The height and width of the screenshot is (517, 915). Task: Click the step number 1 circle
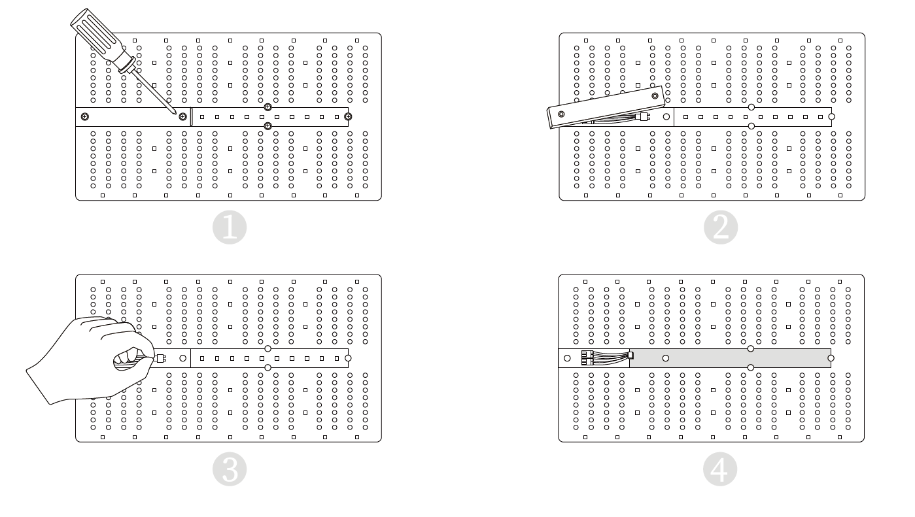point(229,227)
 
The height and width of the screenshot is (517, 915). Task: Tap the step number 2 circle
point(721,227)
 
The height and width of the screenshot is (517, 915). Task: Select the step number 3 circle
point(229,469)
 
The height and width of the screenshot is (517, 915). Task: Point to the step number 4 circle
point(720,469)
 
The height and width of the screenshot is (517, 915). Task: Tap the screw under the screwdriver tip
point(183,117)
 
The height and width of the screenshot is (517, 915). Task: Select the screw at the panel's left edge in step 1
point(85,117)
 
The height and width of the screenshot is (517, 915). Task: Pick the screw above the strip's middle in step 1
point(268,107)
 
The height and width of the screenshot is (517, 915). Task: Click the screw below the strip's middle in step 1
point(268,126)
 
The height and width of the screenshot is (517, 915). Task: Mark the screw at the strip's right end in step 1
point(348,117)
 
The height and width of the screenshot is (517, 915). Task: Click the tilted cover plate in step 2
point(606,107)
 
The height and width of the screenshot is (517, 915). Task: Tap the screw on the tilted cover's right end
point(655,96)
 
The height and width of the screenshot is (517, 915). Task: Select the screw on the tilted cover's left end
point(561,114)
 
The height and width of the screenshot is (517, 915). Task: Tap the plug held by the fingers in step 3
point(160,358)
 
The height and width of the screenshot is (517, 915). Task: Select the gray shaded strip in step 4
point(731,358)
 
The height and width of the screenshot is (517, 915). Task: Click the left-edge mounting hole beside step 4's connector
point(567,358)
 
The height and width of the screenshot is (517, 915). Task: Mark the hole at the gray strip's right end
point(831,358)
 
